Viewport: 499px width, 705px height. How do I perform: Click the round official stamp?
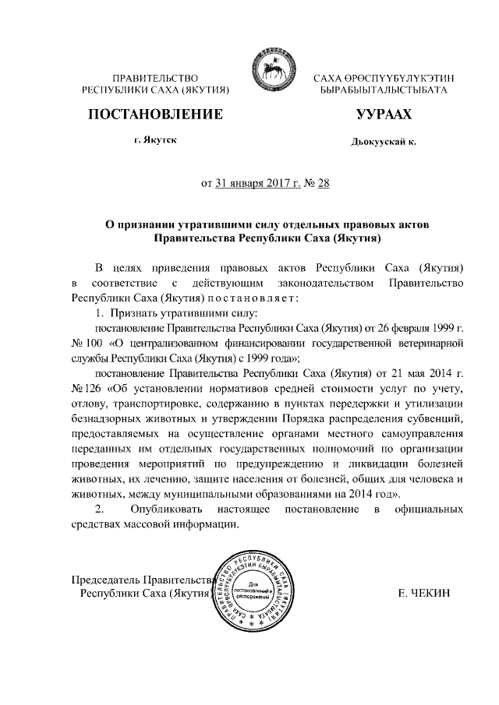pos(257,591)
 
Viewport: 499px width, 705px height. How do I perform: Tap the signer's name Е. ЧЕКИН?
pos(424,594)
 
